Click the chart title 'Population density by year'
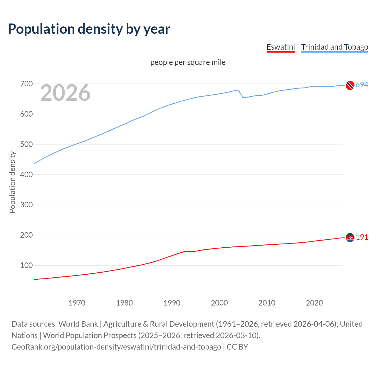[89, 29]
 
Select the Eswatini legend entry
[281, 47]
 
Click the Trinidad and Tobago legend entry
[335, 47]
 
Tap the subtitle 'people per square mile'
[188, 62]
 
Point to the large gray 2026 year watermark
[65, 93]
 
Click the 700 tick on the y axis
[26, 84]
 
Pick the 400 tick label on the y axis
[26, 174]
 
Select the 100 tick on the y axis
[26, 265]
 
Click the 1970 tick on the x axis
[77, 303]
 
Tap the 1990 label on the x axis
[172, 303]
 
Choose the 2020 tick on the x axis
[314, 303]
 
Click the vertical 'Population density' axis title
[12, 182]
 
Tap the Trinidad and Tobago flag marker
[350, 85]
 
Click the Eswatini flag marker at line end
[350, 237]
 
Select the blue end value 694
[362, 85]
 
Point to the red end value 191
[362, 237]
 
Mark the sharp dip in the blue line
[243, 97]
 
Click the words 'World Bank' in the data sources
[78, 324]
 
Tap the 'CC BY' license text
[237, 347]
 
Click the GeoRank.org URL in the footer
[116, 347]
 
